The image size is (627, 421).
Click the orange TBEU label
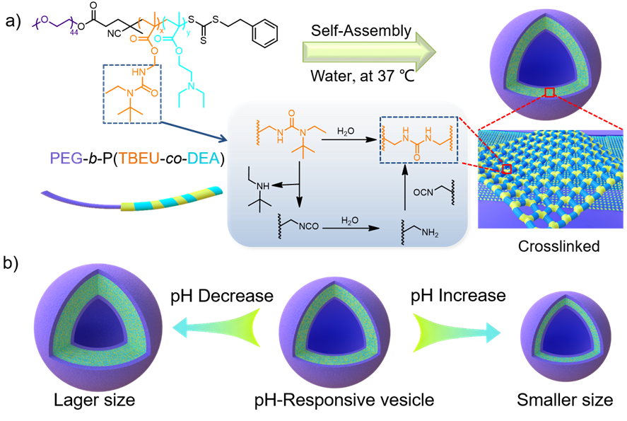[x=139, y=158]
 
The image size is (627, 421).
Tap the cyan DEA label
[x=204, y=158]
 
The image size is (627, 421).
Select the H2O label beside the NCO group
[x=350, y=221]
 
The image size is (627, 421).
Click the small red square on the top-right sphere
[x=550, y=93]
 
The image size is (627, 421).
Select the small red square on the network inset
[x=507, y=169]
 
